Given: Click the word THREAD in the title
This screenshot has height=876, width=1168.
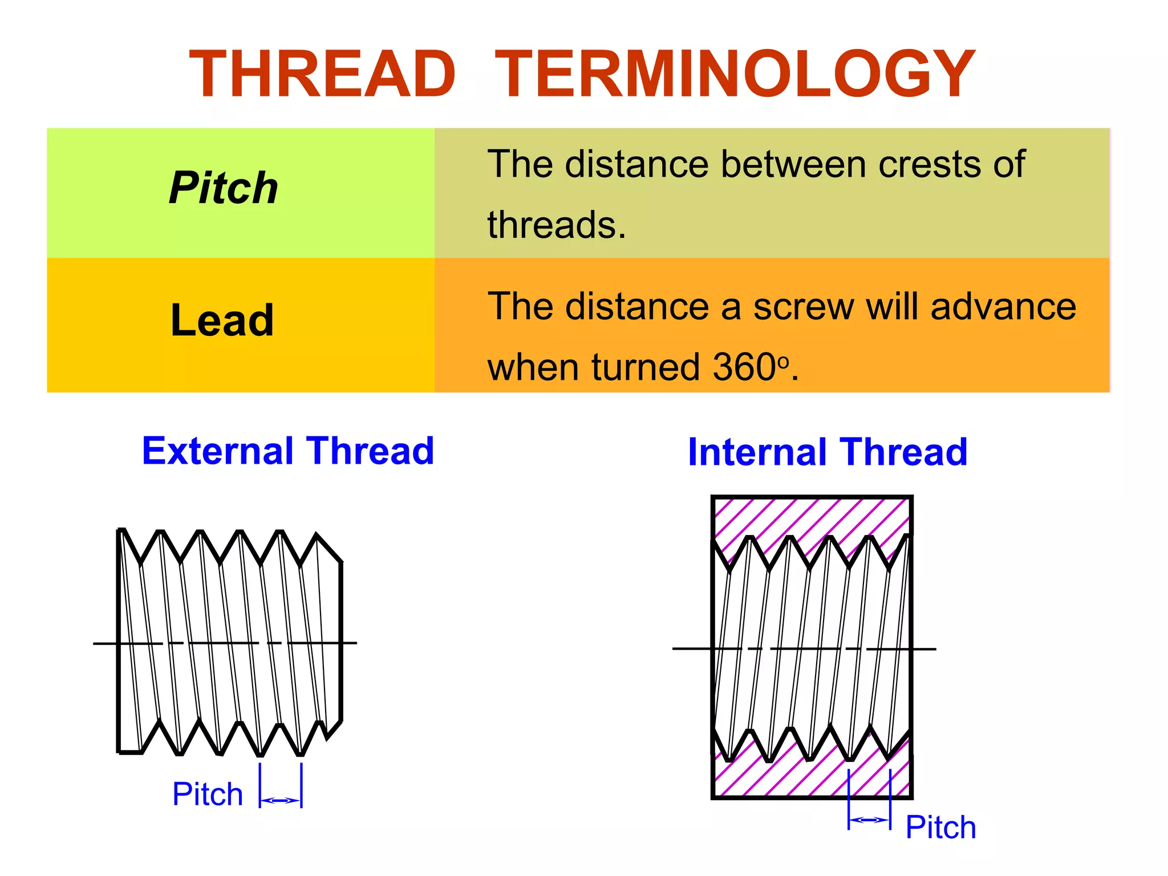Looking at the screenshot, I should pyautogui.click(x=322, y=74).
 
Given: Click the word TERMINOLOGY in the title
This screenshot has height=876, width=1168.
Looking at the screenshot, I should pyautogui.click(x=735, y=74).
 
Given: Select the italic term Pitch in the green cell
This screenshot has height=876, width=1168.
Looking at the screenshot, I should pyautogui.click(x=224, y=188).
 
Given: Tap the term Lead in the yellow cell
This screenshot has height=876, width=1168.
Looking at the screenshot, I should pyautogui.click(x=222, y=321).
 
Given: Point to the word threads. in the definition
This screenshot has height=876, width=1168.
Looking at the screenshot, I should pyautogui.click(x=557, y=225).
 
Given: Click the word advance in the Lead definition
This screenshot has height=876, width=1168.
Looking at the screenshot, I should pyautogui.click(x=1003, y=307).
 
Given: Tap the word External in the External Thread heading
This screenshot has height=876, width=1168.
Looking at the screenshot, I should pyautogui.click(x=218, y=451).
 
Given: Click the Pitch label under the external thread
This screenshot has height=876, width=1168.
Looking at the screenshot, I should pyautogui.click(x=208, y=794).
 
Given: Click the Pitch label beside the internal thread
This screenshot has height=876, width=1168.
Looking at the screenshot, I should pyautogui.click(x=941, y=828).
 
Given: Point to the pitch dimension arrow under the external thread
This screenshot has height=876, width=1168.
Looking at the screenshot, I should pyautogui.click(x=281, y=801).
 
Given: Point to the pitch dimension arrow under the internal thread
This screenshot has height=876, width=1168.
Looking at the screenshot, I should pyautogui.click(x=870, y=820).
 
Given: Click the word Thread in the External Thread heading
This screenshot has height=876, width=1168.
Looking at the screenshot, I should pyautogui.click(x=370, y=451).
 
